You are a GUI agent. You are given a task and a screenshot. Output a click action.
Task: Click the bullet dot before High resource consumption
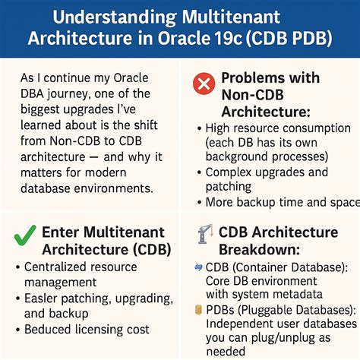tap(199, 131)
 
